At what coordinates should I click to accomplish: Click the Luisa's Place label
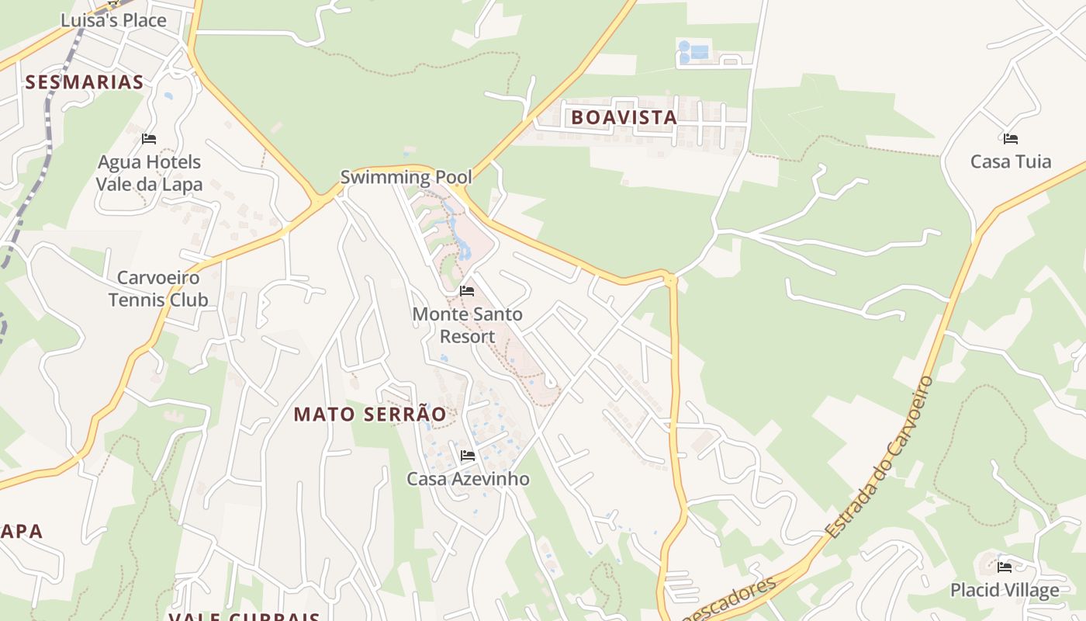pos(113,20)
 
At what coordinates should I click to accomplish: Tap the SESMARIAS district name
pos(85,82)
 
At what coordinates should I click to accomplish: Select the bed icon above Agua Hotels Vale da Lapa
pos(149,139)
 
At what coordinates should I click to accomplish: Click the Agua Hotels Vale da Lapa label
pos(148,173)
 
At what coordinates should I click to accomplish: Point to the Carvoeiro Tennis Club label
pos(158,289)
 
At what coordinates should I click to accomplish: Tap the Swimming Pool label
pos(406,177)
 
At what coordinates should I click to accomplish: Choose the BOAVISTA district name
pos(624,118)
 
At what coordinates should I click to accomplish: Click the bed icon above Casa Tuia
pos(1010,139)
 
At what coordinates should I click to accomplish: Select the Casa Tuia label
pos(1011,161)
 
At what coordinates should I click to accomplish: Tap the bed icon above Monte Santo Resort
pos(466,291)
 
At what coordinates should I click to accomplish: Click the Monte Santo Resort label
pos(467,325)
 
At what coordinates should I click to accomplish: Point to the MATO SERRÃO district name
pos(370,415)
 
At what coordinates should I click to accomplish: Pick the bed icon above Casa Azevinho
pos(468,456)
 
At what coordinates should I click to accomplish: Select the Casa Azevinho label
pos(468,479)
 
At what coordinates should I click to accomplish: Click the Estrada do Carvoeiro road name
pos(881,458)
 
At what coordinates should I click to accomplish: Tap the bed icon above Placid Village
pos(1005,567)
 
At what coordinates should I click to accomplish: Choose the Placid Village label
pos(1005,590)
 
